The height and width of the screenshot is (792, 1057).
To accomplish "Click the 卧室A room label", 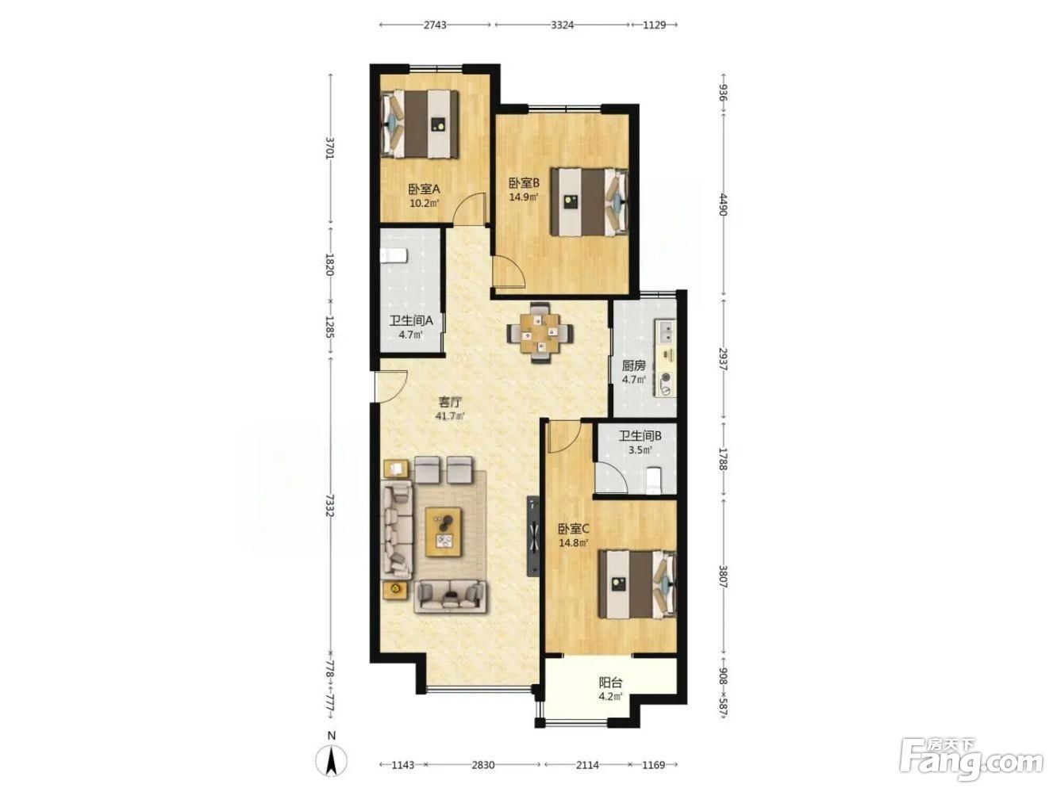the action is pos(424,189).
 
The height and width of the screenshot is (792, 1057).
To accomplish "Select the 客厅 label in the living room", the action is pos(450,401).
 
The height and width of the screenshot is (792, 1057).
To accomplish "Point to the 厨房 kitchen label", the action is pos(632,365).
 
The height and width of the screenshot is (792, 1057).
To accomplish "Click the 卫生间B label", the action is pos(640,436).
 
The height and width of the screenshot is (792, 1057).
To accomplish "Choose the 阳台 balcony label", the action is pos(610,683).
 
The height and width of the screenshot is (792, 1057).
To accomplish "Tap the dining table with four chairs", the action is pos(540,332).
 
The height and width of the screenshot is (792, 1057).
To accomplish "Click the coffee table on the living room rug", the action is pos(444,532).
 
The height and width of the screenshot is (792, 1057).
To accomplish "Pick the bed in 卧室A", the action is pos(420,124).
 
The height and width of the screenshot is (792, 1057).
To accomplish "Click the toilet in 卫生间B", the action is pos(654,480).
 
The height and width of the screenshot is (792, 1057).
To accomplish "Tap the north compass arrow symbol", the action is pos(332,762).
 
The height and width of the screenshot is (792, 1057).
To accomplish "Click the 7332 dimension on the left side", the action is pos(330,505).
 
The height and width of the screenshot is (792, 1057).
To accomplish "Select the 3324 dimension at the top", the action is pos(562,25).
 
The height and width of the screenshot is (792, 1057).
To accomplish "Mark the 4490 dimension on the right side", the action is pos(722,204).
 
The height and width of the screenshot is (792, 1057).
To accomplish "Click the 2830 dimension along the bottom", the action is pos(482,764).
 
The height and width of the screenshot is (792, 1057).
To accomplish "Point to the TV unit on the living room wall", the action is pos(532,536).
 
